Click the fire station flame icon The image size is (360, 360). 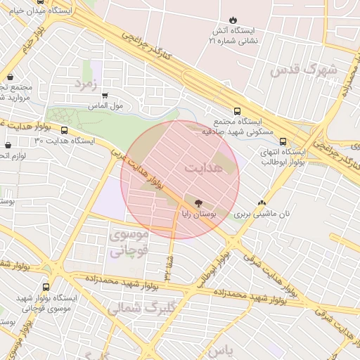point(233,20)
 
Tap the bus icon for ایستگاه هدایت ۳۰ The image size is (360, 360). point(65,130)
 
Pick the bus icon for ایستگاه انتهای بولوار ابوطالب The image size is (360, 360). point(283,141)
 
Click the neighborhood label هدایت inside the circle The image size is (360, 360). point(205,169)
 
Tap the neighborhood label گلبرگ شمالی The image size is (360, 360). point(135,307)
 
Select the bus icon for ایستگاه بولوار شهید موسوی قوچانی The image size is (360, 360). point(46,287)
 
